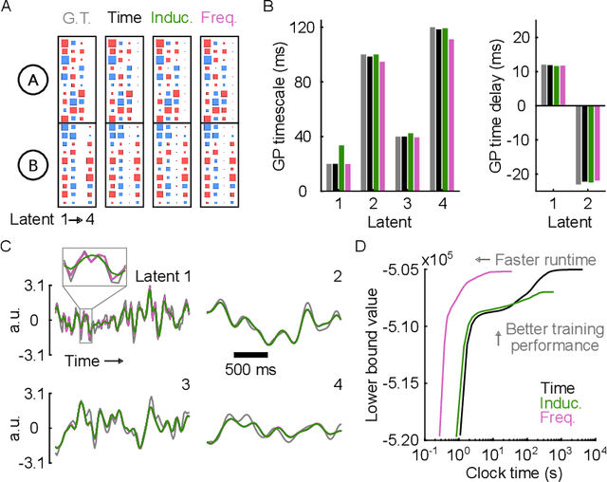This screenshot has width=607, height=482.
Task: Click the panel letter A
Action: coord(7,8)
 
